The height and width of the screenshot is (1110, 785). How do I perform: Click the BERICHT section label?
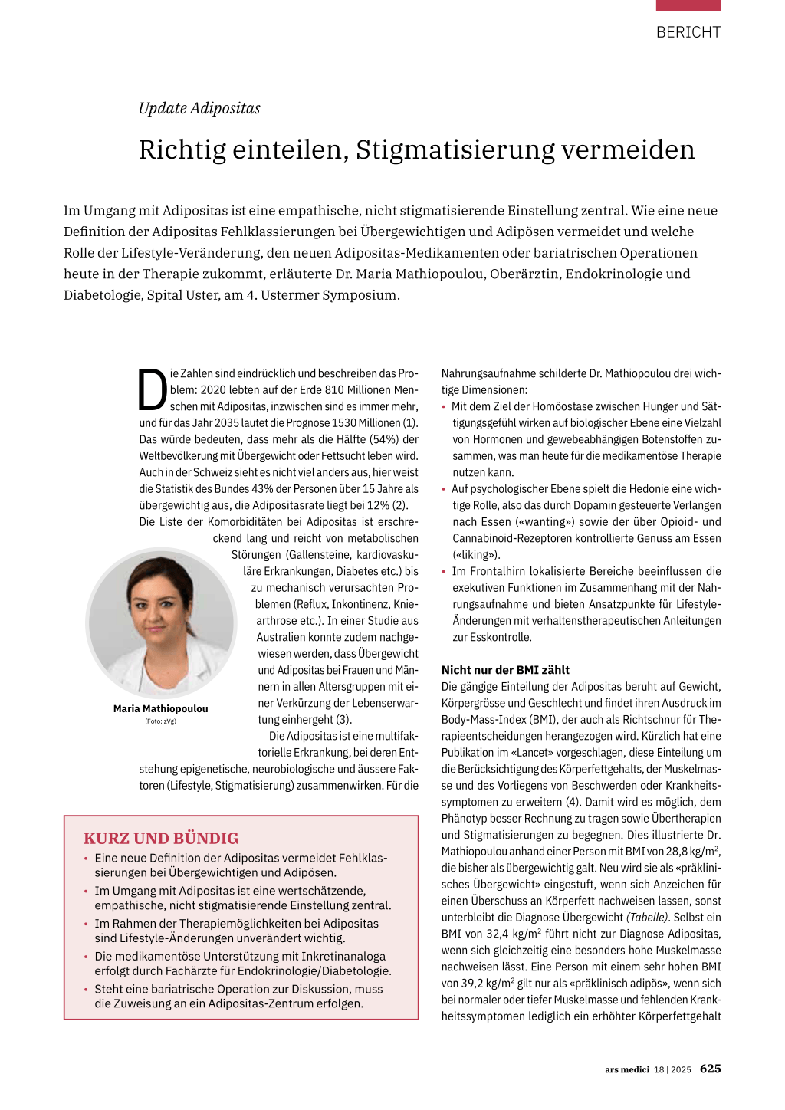tap(688, 32)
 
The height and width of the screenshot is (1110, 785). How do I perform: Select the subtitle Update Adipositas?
tap(199, 108)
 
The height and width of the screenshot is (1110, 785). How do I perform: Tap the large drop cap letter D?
tap(153, 390)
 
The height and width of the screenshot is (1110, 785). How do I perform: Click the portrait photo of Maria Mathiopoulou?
tap(161, 622)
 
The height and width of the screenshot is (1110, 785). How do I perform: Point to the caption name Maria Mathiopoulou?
tap(160, 709)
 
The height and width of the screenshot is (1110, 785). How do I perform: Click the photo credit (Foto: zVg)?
tap(160, 721)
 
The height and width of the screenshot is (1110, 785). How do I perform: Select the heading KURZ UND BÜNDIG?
tap(161, 839)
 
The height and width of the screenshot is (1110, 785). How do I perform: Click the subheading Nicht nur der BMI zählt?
tap(505, 670)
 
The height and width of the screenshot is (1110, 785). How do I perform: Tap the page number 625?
tap(710, 1069)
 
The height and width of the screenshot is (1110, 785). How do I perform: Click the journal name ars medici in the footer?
tap(626, 1069)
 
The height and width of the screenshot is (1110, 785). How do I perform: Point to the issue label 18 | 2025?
tap(672, 1069)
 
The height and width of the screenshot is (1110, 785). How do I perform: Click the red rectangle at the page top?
tap(688, 5)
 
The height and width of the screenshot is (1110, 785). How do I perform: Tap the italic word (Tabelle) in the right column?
tap(648, 918)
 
